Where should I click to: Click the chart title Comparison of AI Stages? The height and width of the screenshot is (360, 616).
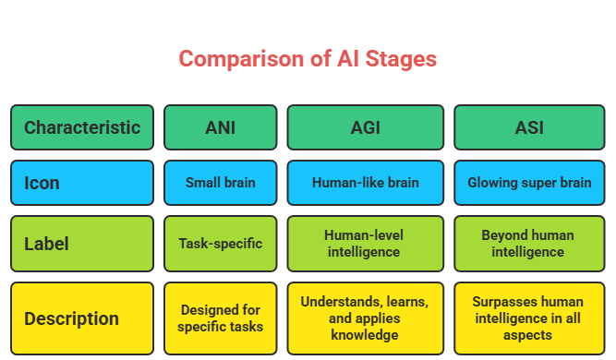click(308, 59)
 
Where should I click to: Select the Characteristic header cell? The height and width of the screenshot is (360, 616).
click(82, 127)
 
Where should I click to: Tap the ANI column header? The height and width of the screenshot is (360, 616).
click(220, 127)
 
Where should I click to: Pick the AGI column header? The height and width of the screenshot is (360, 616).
click(366, 127)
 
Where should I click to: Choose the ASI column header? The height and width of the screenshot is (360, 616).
click(529, 127)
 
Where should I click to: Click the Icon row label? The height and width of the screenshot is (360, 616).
click(82, 183)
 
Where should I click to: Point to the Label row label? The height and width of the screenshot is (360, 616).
click(82, 244)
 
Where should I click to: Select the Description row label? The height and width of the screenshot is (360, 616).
click(82, 319)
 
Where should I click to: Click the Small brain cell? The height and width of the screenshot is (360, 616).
click(220, 183)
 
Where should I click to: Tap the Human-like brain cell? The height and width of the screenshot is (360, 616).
click(366, 183)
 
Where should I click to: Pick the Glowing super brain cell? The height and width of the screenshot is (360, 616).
click(529, 183)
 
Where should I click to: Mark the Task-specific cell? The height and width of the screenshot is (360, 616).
click(220, 244)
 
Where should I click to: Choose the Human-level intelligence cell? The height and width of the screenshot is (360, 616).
click(366, 244)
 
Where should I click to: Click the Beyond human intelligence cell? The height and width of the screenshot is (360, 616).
click(529, 244)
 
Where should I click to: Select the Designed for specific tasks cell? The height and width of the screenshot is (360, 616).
click(220, 318)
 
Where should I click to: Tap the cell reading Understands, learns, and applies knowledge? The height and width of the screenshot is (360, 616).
click(366, 318)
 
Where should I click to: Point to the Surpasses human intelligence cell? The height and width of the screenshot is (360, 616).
click(529, 318)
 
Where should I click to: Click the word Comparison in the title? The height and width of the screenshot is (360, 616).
click(236, 59)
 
